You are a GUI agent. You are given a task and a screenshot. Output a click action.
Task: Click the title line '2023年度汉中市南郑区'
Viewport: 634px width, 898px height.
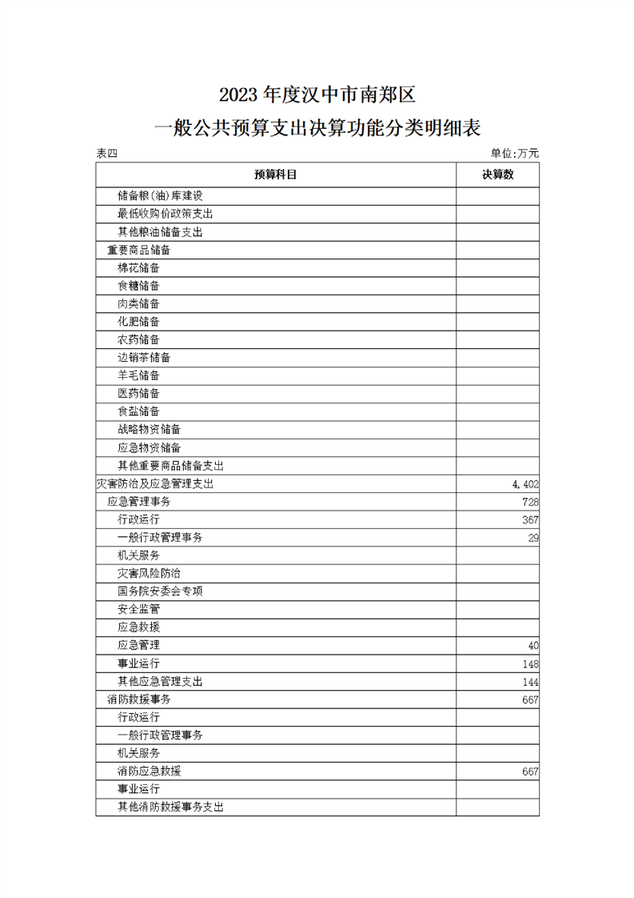317,95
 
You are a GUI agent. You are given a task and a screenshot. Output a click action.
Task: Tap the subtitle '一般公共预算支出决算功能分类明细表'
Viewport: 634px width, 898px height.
317,129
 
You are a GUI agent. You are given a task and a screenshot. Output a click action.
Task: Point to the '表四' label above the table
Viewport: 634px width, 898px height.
106,154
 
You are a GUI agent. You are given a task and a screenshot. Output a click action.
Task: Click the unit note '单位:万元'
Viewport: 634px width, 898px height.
515,154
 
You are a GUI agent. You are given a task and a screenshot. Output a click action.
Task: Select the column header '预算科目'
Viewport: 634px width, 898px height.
276,174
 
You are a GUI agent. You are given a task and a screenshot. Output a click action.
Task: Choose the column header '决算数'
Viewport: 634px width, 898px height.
497,174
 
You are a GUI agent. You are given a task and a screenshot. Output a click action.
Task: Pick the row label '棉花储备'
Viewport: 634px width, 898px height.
138,268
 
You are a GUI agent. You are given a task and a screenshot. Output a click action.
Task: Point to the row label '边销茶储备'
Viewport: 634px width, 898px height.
144,358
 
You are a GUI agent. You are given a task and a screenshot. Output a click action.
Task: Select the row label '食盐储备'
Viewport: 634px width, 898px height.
138,411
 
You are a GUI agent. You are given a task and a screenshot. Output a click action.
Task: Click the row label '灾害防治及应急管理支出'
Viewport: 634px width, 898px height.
154,483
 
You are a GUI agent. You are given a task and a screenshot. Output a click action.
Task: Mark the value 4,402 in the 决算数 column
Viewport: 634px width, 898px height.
525,483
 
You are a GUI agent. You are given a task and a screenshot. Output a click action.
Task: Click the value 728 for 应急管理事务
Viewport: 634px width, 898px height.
529,502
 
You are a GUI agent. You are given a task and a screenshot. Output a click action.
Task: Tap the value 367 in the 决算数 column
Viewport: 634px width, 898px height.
529,519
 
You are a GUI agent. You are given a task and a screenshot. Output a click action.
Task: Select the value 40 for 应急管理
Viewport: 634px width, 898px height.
532,645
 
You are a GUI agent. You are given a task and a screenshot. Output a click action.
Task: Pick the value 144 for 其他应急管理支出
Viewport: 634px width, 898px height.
529,682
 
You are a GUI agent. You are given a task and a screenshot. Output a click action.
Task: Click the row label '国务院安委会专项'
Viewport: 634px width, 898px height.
160,591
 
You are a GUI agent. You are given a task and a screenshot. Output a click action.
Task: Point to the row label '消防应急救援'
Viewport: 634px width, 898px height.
154,771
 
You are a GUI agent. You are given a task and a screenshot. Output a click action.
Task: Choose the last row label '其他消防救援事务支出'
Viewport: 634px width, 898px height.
170,807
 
